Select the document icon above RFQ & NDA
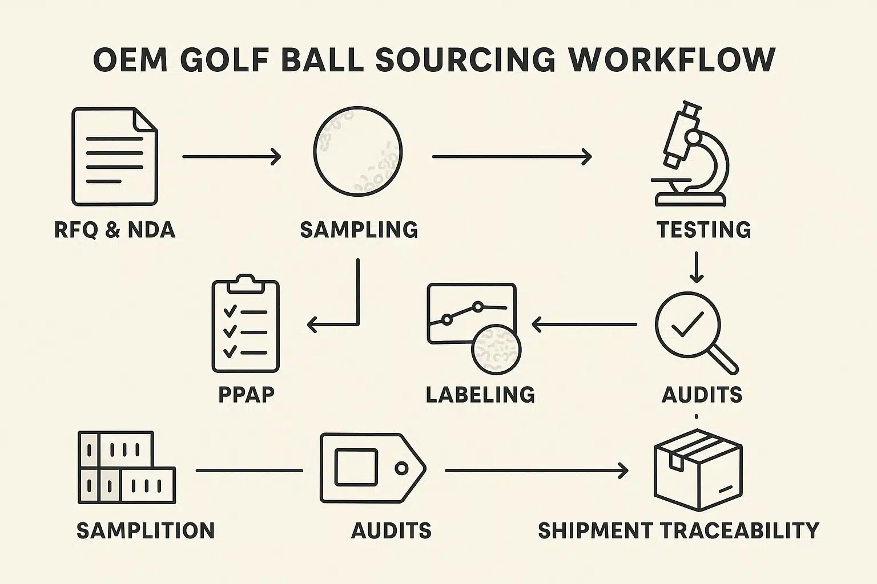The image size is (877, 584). pos(114,156)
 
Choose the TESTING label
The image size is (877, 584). pos(703,230)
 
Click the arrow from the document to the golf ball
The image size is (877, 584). pos(232,156)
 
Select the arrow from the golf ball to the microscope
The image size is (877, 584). pos(512,156)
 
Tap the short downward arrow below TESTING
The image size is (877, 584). pos(696,267)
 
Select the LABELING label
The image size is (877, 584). pos(480,395)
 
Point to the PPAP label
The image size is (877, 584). pos(246,395)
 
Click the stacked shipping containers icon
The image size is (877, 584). pos(126,467)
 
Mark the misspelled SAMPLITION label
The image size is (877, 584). pos(146,530)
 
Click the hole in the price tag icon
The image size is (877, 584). pos(402,468)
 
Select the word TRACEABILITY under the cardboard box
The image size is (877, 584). pos(741,530)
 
